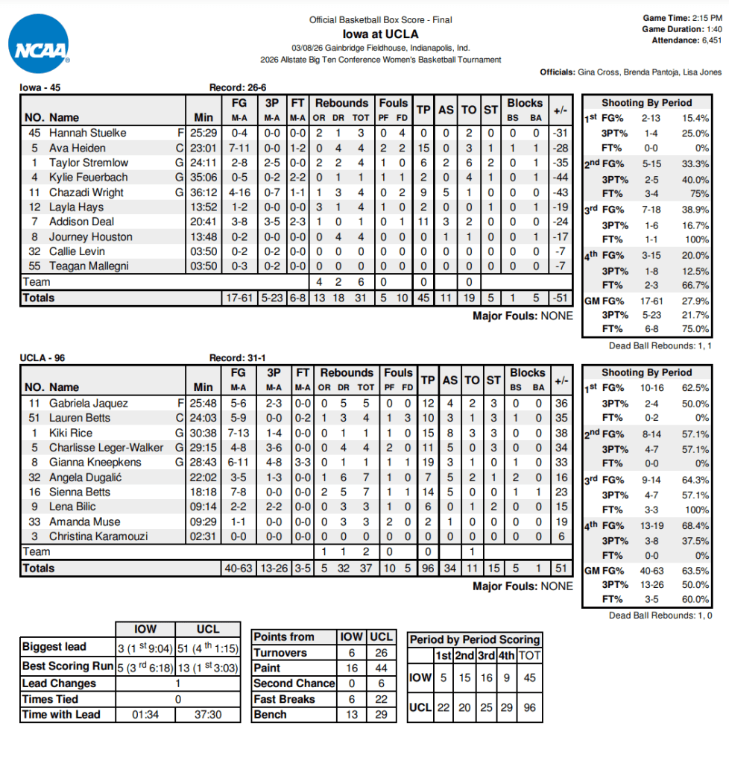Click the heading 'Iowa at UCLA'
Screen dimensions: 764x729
(380, 34)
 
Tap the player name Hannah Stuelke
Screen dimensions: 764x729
(87, 133)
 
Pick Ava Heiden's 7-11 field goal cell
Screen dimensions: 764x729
(239, 148)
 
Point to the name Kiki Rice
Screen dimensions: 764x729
(71, 433)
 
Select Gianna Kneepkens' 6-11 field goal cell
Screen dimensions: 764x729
(239, 463)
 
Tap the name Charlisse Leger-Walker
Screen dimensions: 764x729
(105, 448)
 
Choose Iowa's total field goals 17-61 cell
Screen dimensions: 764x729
(239, 298)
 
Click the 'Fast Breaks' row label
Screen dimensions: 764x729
(284, 699)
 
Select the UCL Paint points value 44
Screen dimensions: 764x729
(381, 668)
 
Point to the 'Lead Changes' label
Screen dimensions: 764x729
(59, 683)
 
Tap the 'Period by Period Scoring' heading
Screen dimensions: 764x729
(474, 639)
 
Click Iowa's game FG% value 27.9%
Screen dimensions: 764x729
(695, 300)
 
